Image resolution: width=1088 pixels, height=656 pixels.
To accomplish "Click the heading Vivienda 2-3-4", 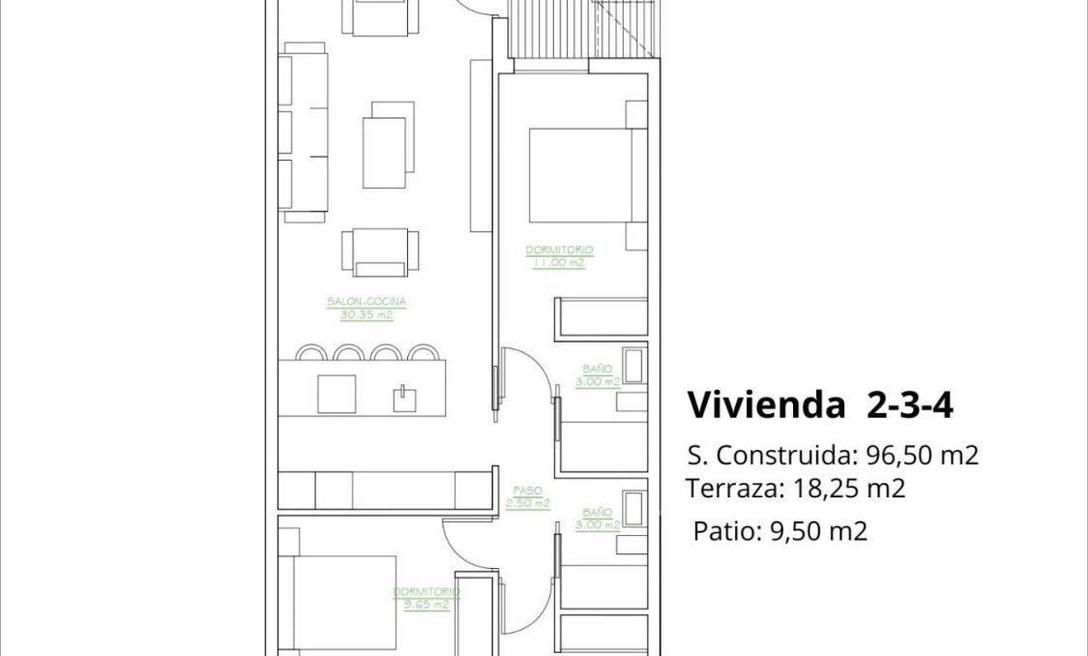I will coord(820,405).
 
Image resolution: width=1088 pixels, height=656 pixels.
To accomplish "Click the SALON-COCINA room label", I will coord(367,302).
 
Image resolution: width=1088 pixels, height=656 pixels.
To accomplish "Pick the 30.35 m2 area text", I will coord(367,314).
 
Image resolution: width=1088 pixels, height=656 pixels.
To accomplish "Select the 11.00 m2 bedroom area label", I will coord(559,261).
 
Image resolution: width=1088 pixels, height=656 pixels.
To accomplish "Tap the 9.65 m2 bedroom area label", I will coord(426,605).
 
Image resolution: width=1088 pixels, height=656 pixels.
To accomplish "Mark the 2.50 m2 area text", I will coord(527,503).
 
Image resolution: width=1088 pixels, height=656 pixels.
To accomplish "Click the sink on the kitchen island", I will coord(403,398).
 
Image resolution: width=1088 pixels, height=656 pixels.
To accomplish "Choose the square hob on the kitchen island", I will coord(337,393).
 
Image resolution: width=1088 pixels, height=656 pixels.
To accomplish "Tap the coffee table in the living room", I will coord(384,153).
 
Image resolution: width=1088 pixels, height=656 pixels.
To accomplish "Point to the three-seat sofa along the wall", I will coord(302,132).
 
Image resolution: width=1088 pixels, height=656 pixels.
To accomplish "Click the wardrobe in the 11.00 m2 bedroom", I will coord(601,316).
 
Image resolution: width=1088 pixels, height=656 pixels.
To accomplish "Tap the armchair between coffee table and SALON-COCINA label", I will coord(379,253).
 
